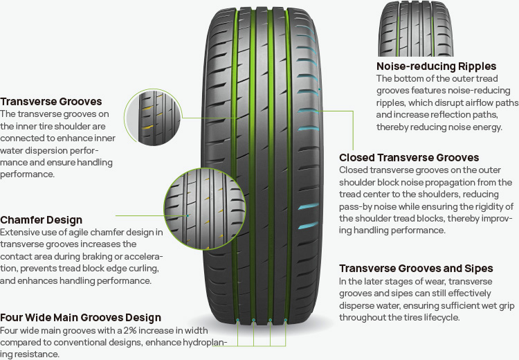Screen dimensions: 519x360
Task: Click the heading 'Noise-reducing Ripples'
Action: click(436, 66)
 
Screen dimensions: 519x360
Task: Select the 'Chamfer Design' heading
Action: click(41, 220)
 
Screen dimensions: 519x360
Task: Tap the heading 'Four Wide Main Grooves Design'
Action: click(80, 318)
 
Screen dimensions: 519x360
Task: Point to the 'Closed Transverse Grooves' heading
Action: click(409, 158)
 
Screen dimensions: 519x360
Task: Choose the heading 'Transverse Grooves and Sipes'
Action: click(416, 268)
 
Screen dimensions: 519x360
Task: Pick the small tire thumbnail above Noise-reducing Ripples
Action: click(416, 28)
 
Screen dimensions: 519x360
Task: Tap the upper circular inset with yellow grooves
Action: click(153, 117)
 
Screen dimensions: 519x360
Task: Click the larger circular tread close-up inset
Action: click(205, 208)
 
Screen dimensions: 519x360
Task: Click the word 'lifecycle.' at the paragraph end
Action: click(439, 317)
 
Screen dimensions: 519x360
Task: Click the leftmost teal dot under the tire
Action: click(237, 321)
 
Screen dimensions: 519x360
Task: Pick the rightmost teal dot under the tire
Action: click(286, 320)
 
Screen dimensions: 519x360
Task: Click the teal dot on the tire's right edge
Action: click(320, 89)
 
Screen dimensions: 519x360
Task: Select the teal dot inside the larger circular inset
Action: click(188, 215)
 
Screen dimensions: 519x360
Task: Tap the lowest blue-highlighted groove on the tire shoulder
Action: click(308, 226)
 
